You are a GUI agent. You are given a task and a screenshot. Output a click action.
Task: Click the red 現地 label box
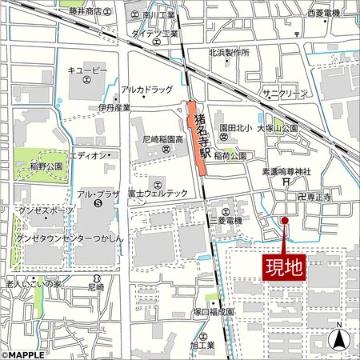point(284,266)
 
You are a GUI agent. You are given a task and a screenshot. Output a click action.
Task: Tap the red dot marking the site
point(285,220)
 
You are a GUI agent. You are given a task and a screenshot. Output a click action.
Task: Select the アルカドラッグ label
point(146,90)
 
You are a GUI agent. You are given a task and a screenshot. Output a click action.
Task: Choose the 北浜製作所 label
point(229,52)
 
